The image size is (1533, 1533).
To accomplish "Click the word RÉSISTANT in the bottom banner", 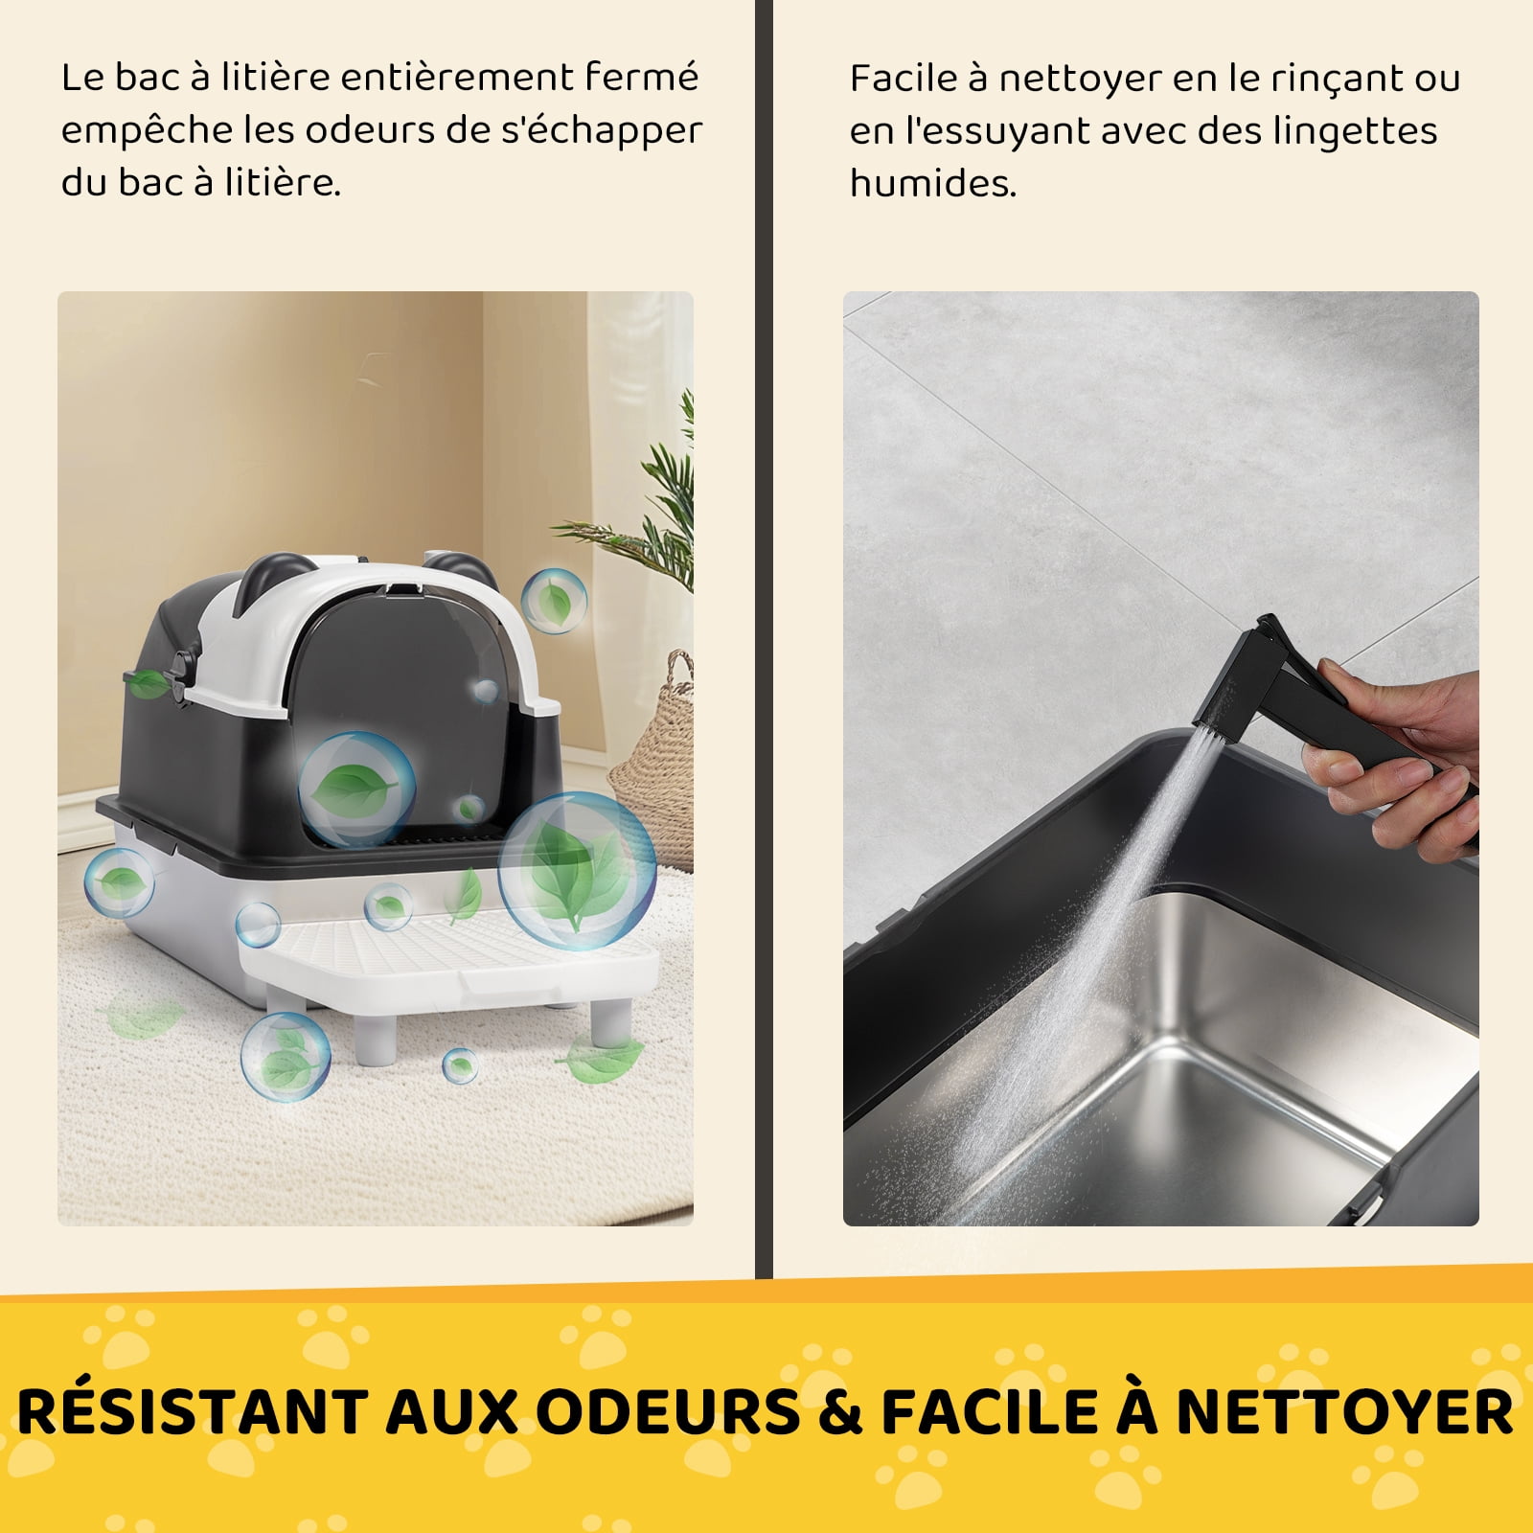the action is coord(193,1410).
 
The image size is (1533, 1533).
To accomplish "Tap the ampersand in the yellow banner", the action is coord(841,1412).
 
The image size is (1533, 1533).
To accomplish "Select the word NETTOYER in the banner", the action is coord(1344,1412).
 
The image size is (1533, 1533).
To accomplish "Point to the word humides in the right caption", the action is coord(932,182).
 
